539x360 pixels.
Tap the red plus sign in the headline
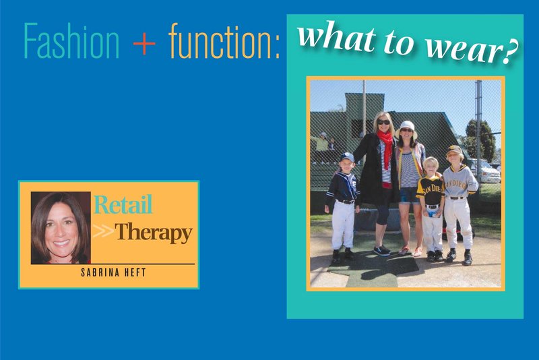144,42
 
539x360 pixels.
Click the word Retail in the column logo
123,205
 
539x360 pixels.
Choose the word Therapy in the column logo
154,233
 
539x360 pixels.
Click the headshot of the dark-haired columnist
60,227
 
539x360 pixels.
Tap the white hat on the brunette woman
408,125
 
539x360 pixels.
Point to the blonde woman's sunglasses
383,122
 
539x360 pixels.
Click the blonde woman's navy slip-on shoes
381,250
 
